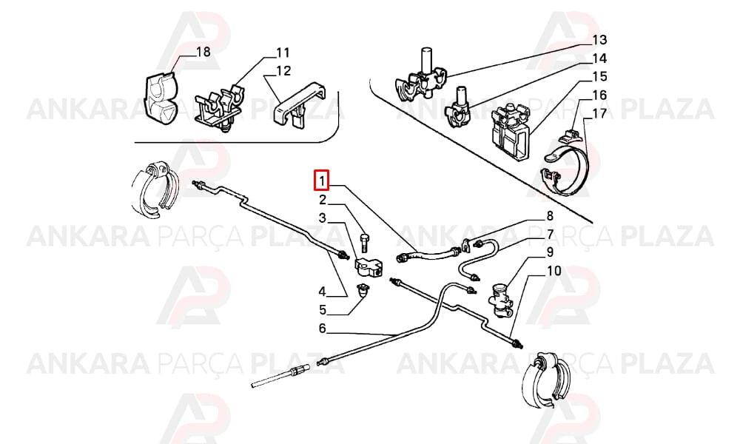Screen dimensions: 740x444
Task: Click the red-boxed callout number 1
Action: tap(322, 181)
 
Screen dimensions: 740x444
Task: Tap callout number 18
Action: tap(203, 51)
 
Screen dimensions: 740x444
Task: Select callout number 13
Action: tap(599, 40)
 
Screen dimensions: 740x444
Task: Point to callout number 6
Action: tap(323, 328)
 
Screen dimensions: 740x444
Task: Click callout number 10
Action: tap(554, 271)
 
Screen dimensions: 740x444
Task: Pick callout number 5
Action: tap(323, 309)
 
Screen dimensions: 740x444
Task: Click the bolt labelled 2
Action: tap(363, 242)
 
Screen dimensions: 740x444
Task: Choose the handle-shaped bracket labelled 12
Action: tap(300, 105)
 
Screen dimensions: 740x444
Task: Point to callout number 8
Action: tap(550, 216)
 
